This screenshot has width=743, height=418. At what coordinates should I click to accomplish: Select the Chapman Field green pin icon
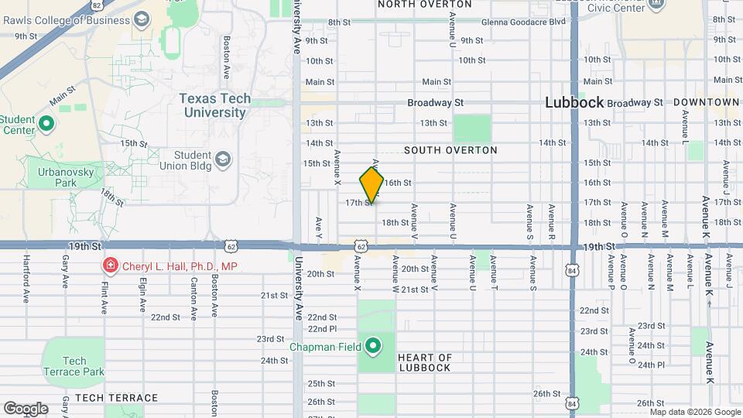coord(372,345)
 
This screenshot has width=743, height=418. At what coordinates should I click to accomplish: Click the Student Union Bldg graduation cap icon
coord(223,159)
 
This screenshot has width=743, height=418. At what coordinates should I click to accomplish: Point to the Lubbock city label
coord(574,102)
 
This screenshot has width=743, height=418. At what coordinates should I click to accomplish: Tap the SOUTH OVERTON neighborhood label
coord(450,150)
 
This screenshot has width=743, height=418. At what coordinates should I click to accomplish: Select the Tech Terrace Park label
coord(74,366)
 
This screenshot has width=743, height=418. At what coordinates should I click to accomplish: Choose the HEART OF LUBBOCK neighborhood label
coord(424,362)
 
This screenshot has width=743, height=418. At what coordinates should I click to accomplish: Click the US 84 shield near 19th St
coord(571,271)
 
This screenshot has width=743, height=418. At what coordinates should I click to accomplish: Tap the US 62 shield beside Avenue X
coord(361,245)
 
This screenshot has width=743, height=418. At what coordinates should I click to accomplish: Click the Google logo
coord(26,408)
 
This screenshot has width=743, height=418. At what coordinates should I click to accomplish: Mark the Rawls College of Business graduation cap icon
coord(141,18)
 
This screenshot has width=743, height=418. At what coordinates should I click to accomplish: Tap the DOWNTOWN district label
coord(706,102)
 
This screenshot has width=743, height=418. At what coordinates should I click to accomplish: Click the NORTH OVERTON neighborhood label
coord(425,4)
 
